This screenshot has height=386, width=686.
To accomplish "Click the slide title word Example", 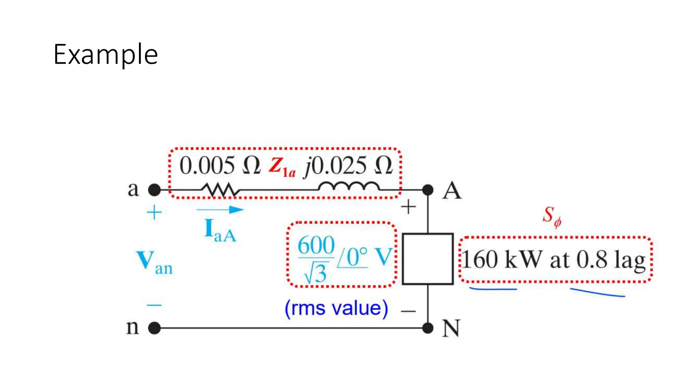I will [x=106, y=55].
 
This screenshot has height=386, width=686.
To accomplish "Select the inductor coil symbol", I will [x=349, y=186].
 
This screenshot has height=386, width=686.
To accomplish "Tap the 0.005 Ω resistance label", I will [x=220, y=166].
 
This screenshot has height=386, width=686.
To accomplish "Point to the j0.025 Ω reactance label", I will [x=348, y=166].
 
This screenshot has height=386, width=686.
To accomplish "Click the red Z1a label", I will [x=282, y=167].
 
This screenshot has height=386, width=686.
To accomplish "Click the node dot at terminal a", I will [x=154, y=190].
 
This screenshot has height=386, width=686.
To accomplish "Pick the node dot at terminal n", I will [x=154, y=328].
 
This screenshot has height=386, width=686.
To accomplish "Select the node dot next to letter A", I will [x=428, y=190].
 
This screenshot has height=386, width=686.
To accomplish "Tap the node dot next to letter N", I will [x=428, y=328].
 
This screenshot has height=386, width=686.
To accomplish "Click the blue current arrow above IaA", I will [x=220, y=210].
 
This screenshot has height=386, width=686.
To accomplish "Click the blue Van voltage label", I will [x=154, y=263].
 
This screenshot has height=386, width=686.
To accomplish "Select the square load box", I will [x=428, y=259].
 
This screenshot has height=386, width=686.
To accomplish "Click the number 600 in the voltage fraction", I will [x=316, y=245].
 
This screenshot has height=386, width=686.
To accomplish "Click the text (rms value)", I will [x=336, y=308].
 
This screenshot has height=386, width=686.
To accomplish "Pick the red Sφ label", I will [x=551, y=216].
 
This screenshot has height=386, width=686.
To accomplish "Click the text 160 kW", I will [x=501, y=260].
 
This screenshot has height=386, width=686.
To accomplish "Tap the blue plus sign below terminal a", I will [x=154, y=213].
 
